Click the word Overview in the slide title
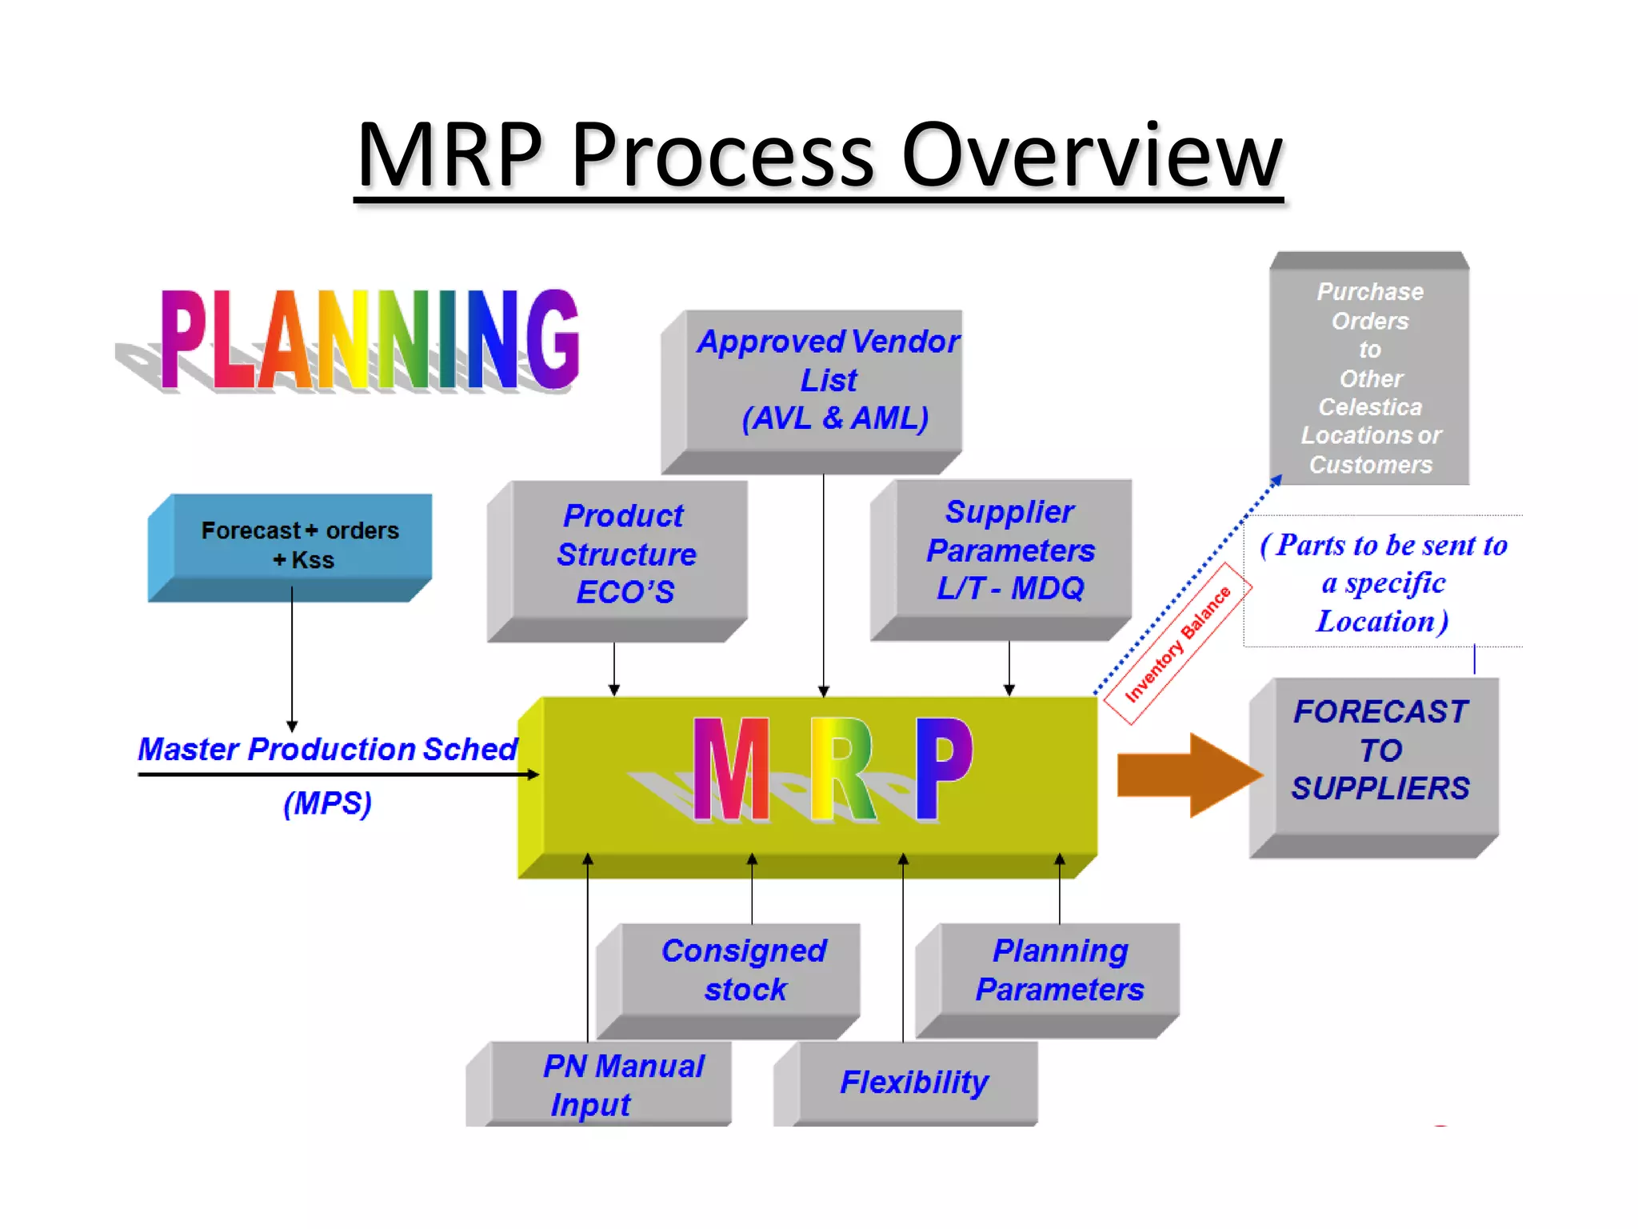click(1091, 154)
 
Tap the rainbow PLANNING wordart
click(370, 340)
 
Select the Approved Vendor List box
click(827, 381)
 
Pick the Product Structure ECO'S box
click(627, 554)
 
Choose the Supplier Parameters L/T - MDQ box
click(1011, 550)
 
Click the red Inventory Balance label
click(1177, 644)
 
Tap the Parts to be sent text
click(1384, 582)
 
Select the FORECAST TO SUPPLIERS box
click(1380, 751)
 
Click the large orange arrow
click(1187, 775)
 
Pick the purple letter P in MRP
click(944, 768)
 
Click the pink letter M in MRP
click(731, 770)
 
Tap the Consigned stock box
click(744, 970)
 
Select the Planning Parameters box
click(1059, 970)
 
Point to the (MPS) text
click(328, 803)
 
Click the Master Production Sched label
click(328, 749)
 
